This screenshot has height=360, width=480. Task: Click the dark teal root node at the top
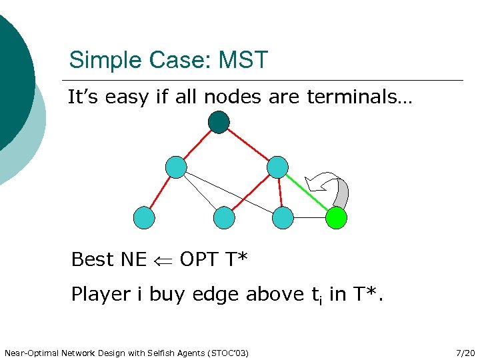(x=219, y=122)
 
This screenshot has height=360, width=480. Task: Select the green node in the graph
(x=336, y=217)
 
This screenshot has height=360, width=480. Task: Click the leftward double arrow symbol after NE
(x=163, y=259)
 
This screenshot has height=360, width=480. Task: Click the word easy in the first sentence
(x=126, y=98)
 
